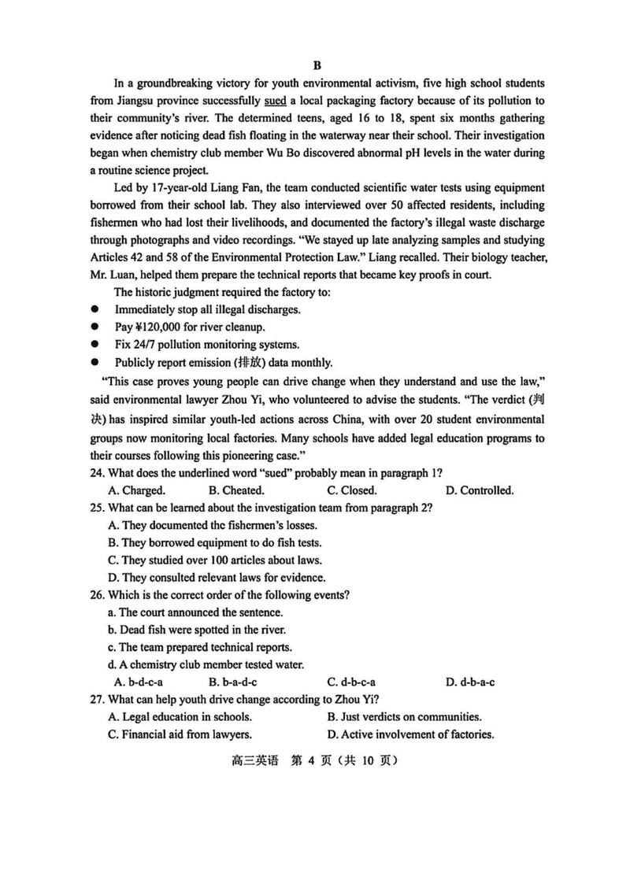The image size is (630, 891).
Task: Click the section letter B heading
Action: tap(316, 66)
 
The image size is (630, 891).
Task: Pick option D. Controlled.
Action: tap(480, 490)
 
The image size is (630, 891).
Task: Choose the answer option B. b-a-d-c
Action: tap(233, 682)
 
